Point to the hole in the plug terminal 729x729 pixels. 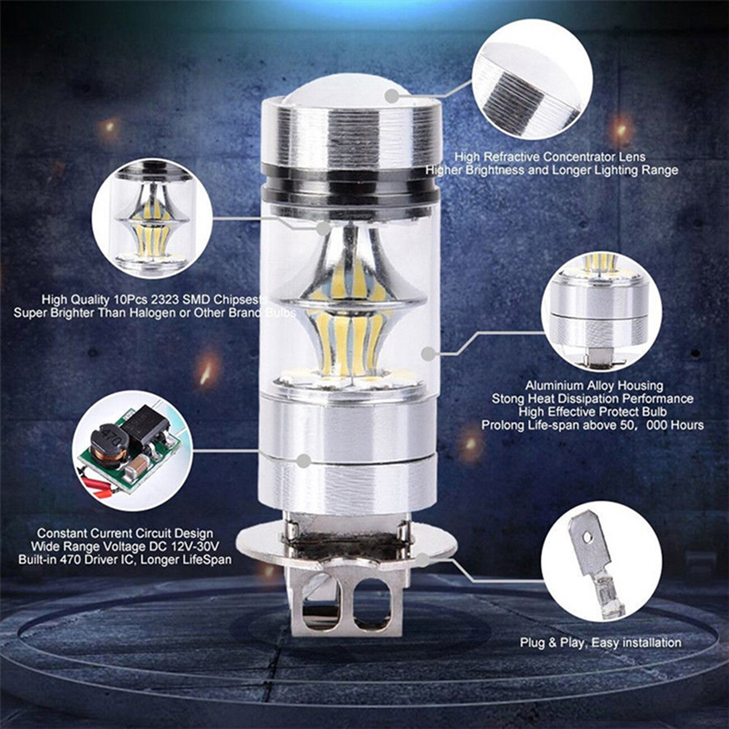click(x=587, y=537)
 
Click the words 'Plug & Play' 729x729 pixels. click(x=552, y=643)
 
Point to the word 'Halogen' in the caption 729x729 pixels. click(x=151, y=313)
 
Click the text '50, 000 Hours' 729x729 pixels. click(x=656, y=426)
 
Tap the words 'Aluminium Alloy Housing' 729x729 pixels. click(x=594, y=386)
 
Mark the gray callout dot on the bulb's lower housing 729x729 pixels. click(x=303, y=461)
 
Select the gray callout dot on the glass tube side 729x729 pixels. click(x=428, y=354)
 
